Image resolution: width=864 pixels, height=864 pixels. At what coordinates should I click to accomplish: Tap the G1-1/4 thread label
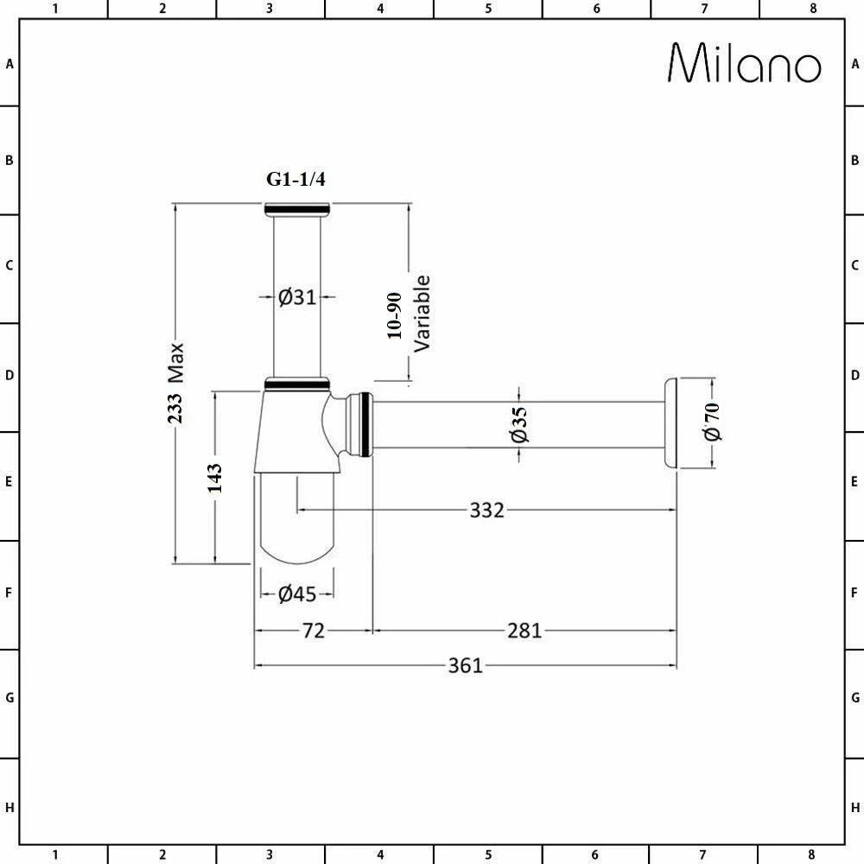(x=295, y=180)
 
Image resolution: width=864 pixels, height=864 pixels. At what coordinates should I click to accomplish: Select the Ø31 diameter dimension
(x=297, y=297)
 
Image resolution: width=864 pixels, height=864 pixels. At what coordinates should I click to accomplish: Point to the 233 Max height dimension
(x=176, y=383)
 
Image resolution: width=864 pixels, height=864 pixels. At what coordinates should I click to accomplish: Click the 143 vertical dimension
(x=214, y=478)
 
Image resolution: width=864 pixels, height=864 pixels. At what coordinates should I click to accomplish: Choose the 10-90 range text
(x=395, y=315)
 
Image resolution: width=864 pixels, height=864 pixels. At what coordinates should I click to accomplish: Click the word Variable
(x=422, y=313)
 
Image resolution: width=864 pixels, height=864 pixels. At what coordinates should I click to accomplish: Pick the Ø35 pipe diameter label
(x=518, y=424)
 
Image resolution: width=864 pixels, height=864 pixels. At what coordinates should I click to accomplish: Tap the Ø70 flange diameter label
(x=713, y=422)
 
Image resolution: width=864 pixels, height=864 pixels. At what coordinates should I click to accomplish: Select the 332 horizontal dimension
(x=486, y=511)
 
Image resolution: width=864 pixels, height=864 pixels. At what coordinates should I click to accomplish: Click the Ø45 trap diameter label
(x=297, y=594)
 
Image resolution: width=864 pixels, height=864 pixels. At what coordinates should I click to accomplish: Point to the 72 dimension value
(x=313, y=632)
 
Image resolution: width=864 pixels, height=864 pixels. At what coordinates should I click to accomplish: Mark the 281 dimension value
(x=524, y=632)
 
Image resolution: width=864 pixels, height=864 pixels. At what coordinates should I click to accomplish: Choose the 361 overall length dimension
(x=465, y=665)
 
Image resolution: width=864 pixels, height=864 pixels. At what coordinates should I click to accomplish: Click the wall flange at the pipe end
(x=670, y=423)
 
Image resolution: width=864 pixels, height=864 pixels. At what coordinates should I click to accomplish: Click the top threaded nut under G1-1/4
(x=297, y=208)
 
